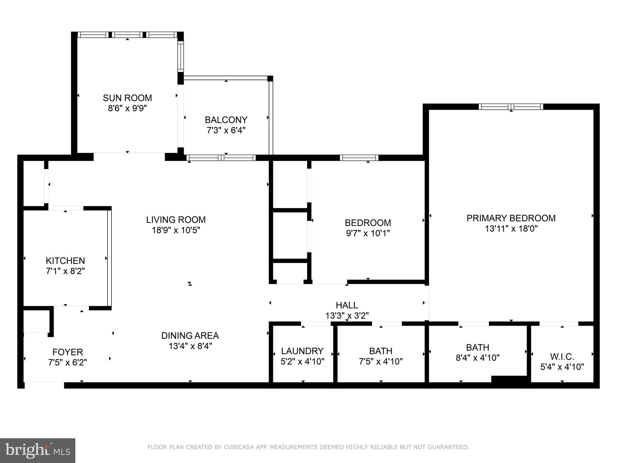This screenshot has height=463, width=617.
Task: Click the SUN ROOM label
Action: click(127, 98)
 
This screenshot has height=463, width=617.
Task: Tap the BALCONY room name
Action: click(226, 120)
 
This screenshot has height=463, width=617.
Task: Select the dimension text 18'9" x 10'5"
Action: click(176, 230)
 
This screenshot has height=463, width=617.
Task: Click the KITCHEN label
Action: click(65, 261)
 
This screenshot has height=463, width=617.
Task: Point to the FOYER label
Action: click(67, 352)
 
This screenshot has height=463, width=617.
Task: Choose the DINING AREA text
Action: click(190, 335)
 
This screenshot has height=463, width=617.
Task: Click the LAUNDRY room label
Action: click(302, 351)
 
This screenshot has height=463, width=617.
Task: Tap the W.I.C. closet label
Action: click(562, 357)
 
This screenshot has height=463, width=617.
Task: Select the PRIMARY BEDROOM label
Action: click(511, 218)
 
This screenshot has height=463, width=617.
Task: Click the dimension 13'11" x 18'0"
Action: click(511, 229)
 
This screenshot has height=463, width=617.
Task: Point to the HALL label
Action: click(347, 305)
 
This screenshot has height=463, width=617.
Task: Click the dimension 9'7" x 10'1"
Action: click(368, 233)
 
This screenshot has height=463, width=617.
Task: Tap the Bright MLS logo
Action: click(38, 451)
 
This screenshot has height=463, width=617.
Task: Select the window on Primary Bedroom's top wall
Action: click(511, 107)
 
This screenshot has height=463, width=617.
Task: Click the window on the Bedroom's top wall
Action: click(359, 158)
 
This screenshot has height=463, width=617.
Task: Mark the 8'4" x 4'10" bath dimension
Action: click(478, 358)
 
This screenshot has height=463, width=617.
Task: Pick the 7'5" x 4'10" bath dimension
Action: click(381, 361)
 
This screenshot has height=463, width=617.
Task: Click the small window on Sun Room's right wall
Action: click(180, 56)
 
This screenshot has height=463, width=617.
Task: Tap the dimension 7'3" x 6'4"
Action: click(226, 131)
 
